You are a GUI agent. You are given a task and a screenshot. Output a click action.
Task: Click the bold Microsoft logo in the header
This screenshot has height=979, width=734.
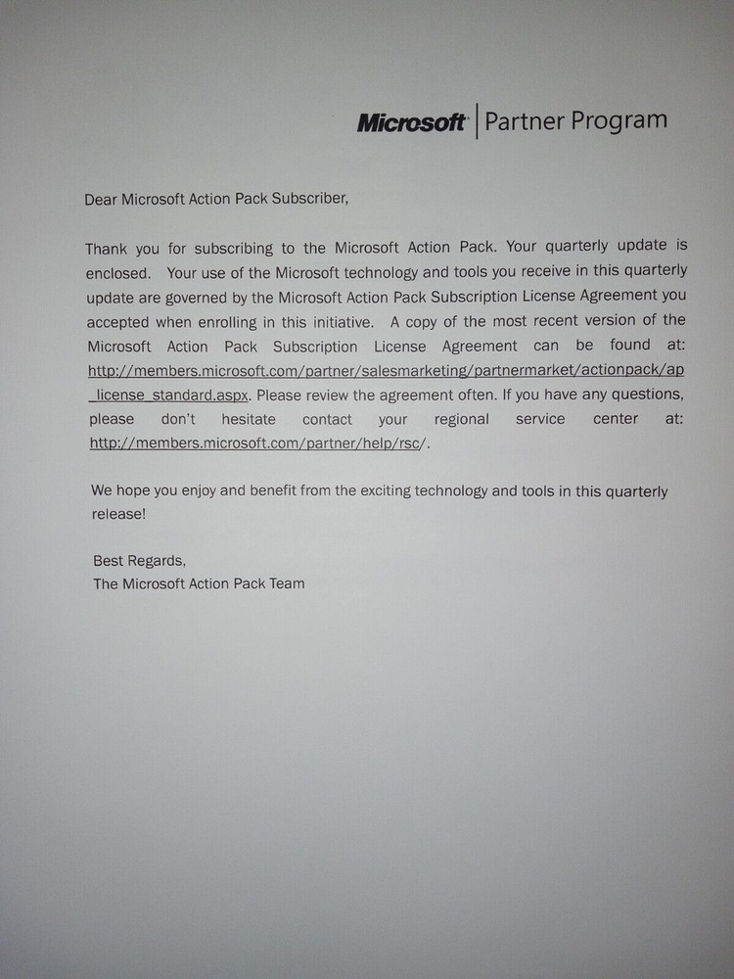point(411,123)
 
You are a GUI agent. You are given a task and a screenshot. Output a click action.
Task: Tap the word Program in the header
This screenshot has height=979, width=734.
point(620,120)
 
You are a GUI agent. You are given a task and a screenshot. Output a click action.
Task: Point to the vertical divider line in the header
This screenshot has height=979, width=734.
point(477,121)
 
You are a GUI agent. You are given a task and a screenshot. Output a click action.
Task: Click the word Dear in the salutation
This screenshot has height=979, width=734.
point(100,199)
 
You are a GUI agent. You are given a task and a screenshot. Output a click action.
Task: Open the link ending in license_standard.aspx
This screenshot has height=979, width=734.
point(170,395)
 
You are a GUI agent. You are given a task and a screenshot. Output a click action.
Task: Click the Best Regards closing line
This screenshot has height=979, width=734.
point(139,561)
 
